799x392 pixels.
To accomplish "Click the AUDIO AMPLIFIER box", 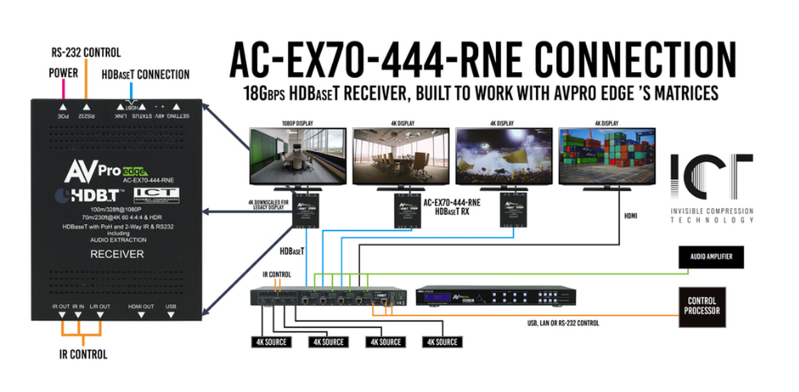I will tap(710, 256).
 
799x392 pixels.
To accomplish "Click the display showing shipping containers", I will tap(607, 155).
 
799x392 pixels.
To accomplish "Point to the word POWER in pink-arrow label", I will tap(64, 73).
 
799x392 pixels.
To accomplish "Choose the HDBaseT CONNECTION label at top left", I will tap(146, 75).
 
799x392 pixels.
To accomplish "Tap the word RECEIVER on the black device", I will tap(117, 254).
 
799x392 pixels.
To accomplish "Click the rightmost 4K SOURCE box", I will tap(440, 342).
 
